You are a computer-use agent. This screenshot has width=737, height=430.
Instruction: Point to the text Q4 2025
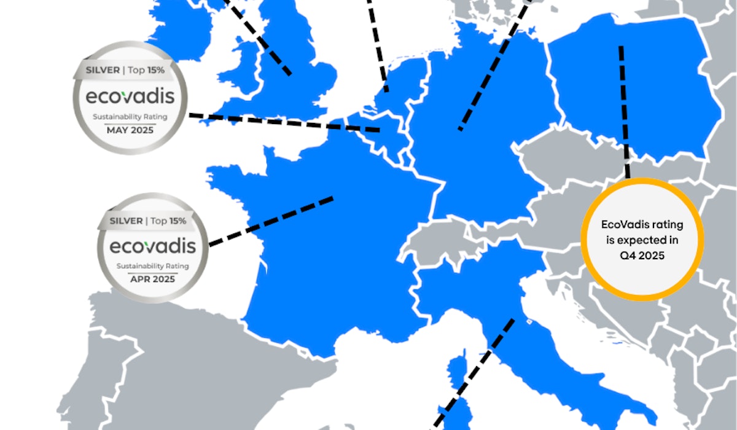coord(642,256)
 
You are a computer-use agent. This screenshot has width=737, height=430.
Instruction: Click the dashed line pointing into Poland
coord(625,111)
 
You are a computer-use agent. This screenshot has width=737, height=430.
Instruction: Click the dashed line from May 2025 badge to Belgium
coord(283,122)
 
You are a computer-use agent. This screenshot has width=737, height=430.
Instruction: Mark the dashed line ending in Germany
coord(491,68)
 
